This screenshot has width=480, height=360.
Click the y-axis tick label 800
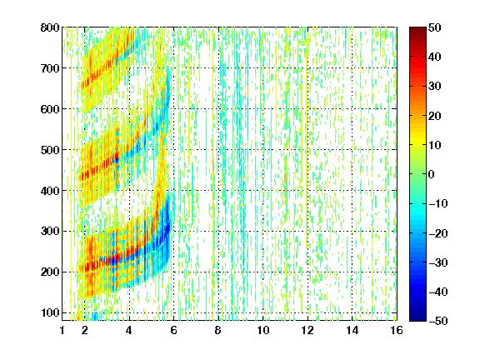tap(50, 27)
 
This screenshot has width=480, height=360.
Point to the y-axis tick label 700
tap(50, 68)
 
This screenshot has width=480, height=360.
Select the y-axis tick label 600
tap(50, 109)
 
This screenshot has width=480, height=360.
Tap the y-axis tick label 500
tap(50, 150)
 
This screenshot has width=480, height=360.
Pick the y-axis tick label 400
tap(50, 191)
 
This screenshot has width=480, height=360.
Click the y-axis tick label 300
tap(50, 231)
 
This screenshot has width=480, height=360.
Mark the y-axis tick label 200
tap(50, 272)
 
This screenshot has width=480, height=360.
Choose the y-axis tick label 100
tap(50, 312)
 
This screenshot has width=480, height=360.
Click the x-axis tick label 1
tap(62, 330)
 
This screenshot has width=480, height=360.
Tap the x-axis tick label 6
tap(173, 330)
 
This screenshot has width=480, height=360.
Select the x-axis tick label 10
tap(263, 330)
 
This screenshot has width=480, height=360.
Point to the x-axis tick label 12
tap(307, 330)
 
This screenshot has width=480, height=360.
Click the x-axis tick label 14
tap(352, 330)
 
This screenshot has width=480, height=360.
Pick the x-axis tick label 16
tap(397, 330)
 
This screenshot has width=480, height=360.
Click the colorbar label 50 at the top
tap(435, 27)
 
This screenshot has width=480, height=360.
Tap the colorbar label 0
tap(432, 174)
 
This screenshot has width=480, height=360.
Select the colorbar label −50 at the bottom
tap(438, 321)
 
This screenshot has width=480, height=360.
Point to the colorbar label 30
tap(435, 87)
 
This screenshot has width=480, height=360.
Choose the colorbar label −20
tap(438, 233)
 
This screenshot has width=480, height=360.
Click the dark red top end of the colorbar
tap(417, 29)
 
